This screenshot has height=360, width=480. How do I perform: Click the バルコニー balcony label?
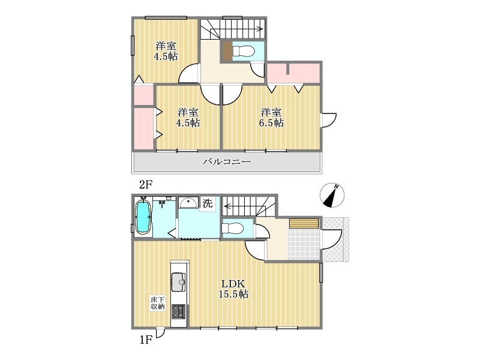227,161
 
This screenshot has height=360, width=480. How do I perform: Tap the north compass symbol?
332,195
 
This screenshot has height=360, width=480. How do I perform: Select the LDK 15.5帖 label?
233,289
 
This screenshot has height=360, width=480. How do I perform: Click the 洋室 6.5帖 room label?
271,118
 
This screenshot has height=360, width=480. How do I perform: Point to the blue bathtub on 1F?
143,217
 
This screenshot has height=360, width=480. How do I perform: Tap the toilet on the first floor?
232,229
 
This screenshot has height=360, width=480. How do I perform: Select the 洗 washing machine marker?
208,203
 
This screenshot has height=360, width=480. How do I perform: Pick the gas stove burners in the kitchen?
178,311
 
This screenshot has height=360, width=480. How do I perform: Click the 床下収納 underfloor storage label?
158,303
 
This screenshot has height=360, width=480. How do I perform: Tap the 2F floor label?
146,185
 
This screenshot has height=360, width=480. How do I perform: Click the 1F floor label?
146,340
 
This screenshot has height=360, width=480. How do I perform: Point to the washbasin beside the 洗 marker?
188,203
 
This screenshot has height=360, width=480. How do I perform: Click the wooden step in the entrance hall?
304,223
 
